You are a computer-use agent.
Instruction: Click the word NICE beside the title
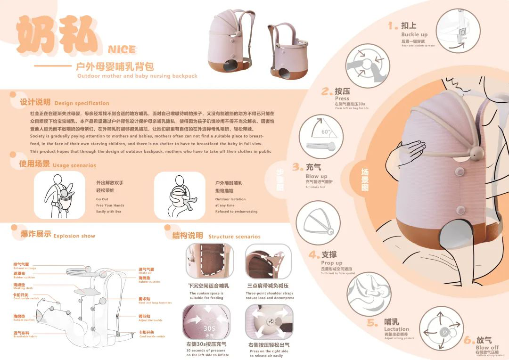122,49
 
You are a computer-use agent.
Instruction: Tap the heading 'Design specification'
82,103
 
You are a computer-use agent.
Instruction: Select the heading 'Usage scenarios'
74,165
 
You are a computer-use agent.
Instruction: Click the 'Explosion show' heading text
74,236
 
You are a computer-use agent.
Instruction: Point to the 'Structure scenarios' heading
234,237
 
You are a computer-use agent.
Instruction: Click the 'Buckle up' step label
414,34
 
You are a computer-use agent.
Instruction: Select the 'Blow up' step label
316,176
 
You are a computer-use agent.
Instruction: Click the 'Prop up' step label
332,263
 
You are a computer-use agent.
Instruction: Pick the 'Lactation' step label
396,329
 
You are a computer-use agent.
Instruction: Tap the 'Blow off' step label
486,348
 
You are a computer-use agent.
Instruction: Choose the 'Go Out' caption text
102,199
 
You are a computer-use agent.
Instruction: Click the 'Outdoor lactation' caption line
230,199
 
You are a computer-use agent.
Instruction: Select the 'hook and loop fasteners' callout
155,303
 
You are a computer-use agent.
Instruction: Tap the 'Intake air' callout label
145,272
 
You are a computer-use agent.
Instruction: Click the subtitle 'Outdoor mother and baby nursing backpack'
137,76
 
